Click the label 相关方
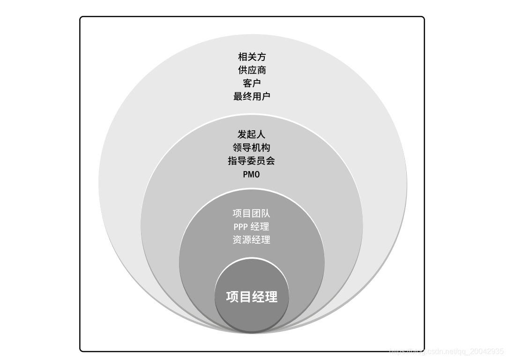pos(252,57)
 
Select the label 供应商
pos(252,70)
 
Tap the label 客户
pos(252,83)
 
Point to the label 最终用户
pos(252,97)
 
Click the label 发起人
pos(252,135)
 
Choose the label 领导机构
pos(252,148)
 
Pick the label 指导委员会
pos(252,161)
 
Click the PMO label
pos(251,174)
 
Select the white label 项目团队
pos(252,213)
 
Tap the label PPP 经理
pos(252,227)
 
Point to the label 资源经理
pos(252,240)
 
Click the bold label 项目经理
pos(252,297)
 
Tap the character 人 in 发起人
pos(261,135)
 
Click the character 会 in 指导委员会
pos(270,161)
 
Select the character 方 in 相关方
pos(261,57)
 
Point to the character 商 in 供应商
pos(261,70)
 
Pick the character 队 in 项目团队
pos(266,213)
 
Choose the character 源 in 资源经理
pos(247,240)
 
